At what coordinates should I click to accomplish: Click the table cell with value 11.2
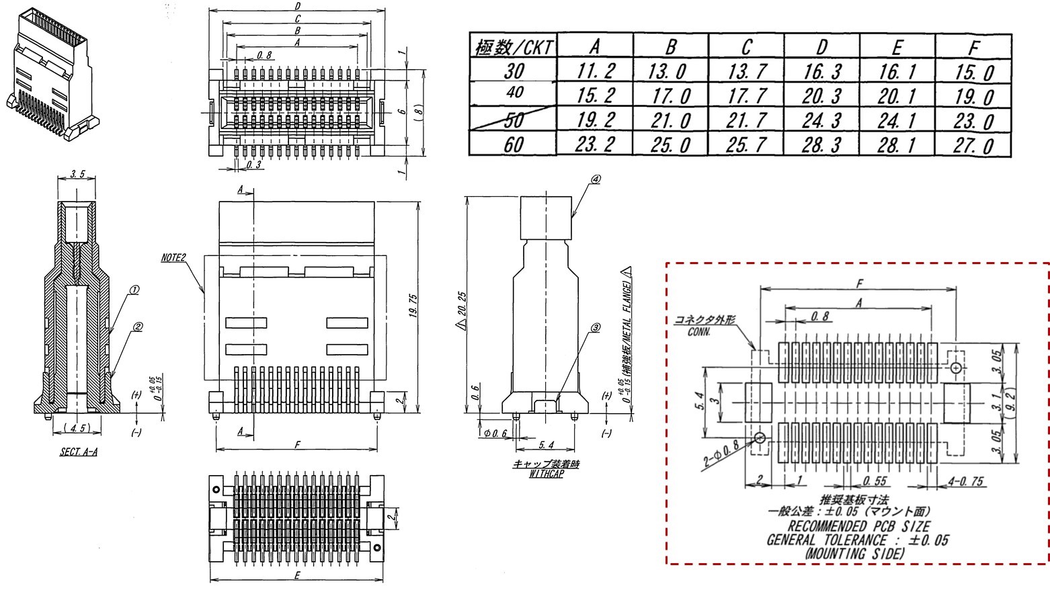(595, 71)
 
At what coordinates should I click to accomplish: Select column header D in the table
(821, 47)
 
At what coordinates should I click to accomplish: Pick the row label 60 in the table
(513, 144)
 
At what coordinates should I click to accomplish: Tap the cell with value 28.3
(821, 144)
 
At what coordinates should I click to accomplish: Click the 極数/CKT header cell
(514, 47)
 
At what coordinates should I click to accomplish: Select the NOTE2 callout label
(173, 257)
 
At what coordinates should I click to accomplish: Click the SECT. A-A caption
(79, 452)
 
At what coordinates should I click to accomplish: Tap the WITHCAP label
(545, 473)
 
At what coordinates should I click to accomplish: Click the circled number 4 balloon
(596, 179)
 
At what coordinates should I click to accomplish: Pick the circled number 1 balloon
(134, 290)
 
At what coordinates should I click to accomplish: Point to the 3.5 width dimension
(77, 175)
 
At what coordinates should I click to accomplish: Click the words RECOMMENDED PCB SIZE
(858, 526)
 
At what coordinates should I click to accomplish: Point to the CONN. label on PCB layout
(699, 332)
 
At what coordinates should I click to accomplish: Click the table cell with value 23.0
(974, 121)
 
